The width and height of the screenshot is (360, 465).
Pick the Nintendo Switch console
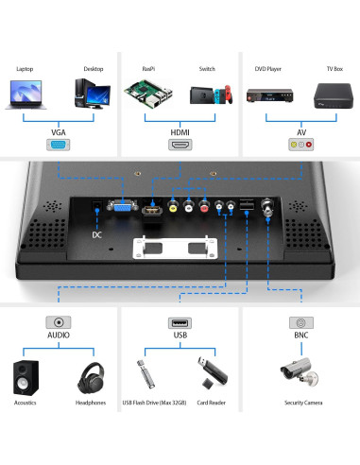tap(208, 95)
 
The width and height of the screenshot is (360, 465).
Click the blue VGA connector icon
tap(58, 146)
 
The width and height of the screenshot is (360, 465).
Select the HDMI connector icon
tap(180, 146)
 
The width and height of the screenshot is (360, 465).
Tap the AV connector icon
tap(300, 146)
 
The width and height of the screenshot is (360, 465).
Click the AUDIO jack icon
tap(59, 322)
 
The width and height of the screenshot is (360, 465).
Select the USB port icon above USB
tap(180, 322)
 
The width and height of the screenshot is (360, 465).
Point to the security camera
tap(300, 376)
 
